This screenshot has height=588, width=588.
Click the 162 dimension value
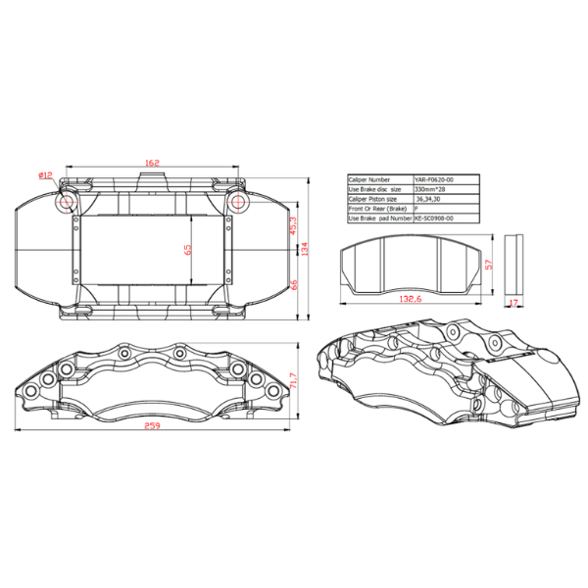click(x=152, y=163)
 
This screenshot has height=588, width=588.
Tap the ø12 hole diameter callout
click(x=46, y=175)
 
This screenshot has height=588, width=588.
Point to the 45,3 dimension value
click(x=293, y=225)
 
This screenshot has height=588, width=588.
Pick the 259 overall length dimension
click(x=152, y=426)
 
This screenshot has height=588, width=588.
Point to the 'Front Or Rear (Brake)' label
click(x=375, y=209)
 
